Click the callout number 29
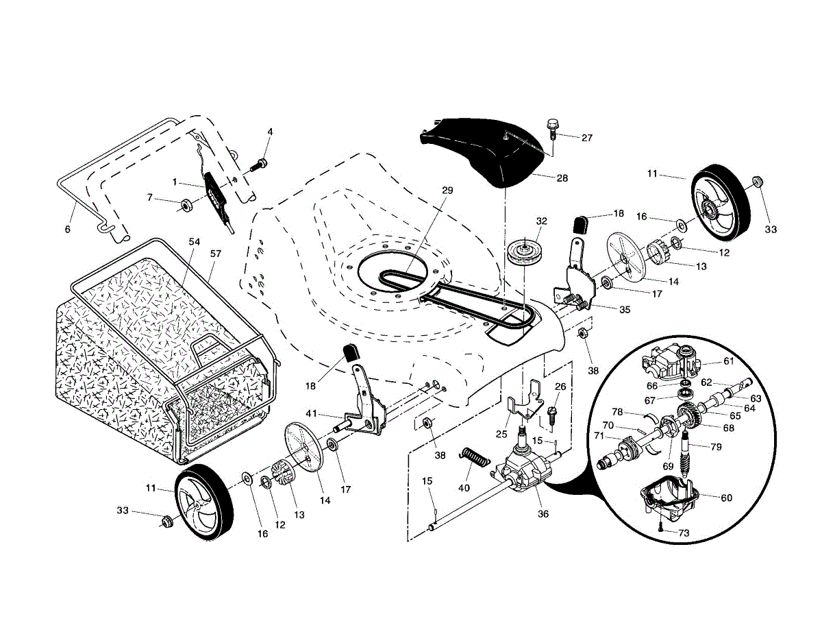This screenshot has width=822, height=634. (x=447, y=191)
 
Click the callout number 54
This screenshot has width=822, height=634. (x=194, y=241)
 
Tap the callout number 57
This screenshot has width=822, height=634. (x=216, y=254)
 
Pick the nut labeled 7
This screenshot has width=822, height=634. (x=186, y=206)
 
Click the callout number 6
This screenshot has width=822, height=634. (x=68, y=230)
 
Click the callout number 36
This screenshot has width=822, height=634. (x=543, y=514)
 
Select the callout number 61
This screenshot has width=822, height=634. (x=729, y=361)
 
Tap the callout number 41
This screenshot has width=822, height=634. (x=311, y=414)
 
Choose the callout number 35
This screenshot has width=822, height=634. (x=625, y=310)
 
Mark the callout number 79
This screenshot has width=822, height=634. (x=716, y=447)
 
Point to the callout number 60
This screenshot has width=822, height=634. (x=726, y=498)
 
